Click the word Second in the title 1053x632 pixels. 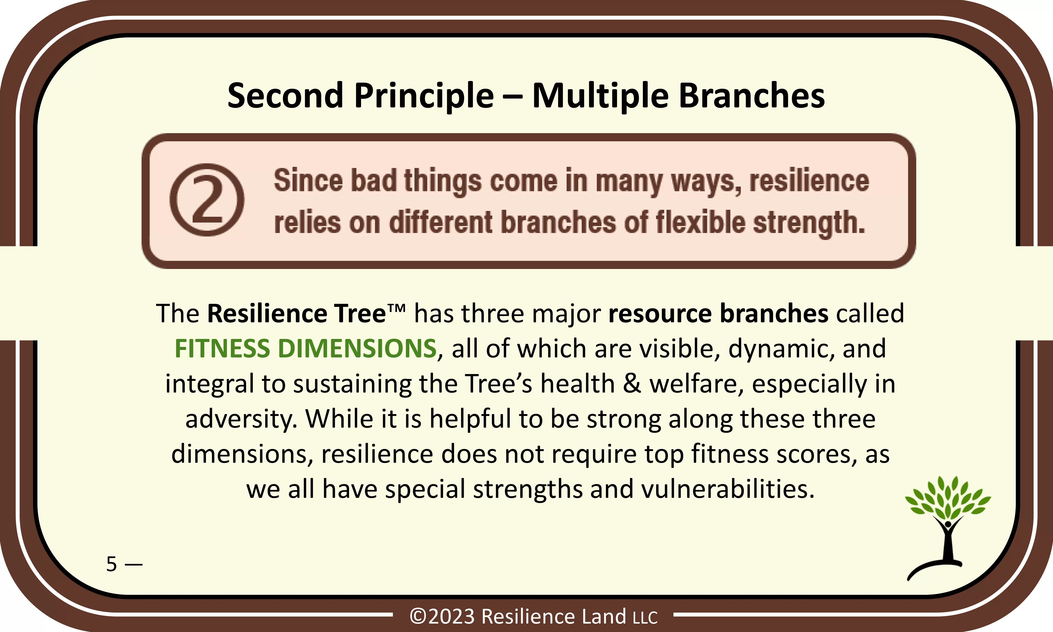click(x=285, y=96)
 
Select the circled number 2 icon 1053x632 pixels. click(x=207, y=200)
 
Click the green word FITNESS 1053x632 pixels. click(x=222, y=348)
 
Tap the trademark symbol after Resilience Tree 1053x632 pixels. click(x=396, y=308)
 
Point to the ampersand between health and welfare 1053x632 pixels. click(x=632, y=383)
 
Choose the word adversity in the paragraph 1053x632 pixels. click(x=241, y=419)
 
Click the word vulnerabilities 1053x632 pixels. click(x=728, y=489)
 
